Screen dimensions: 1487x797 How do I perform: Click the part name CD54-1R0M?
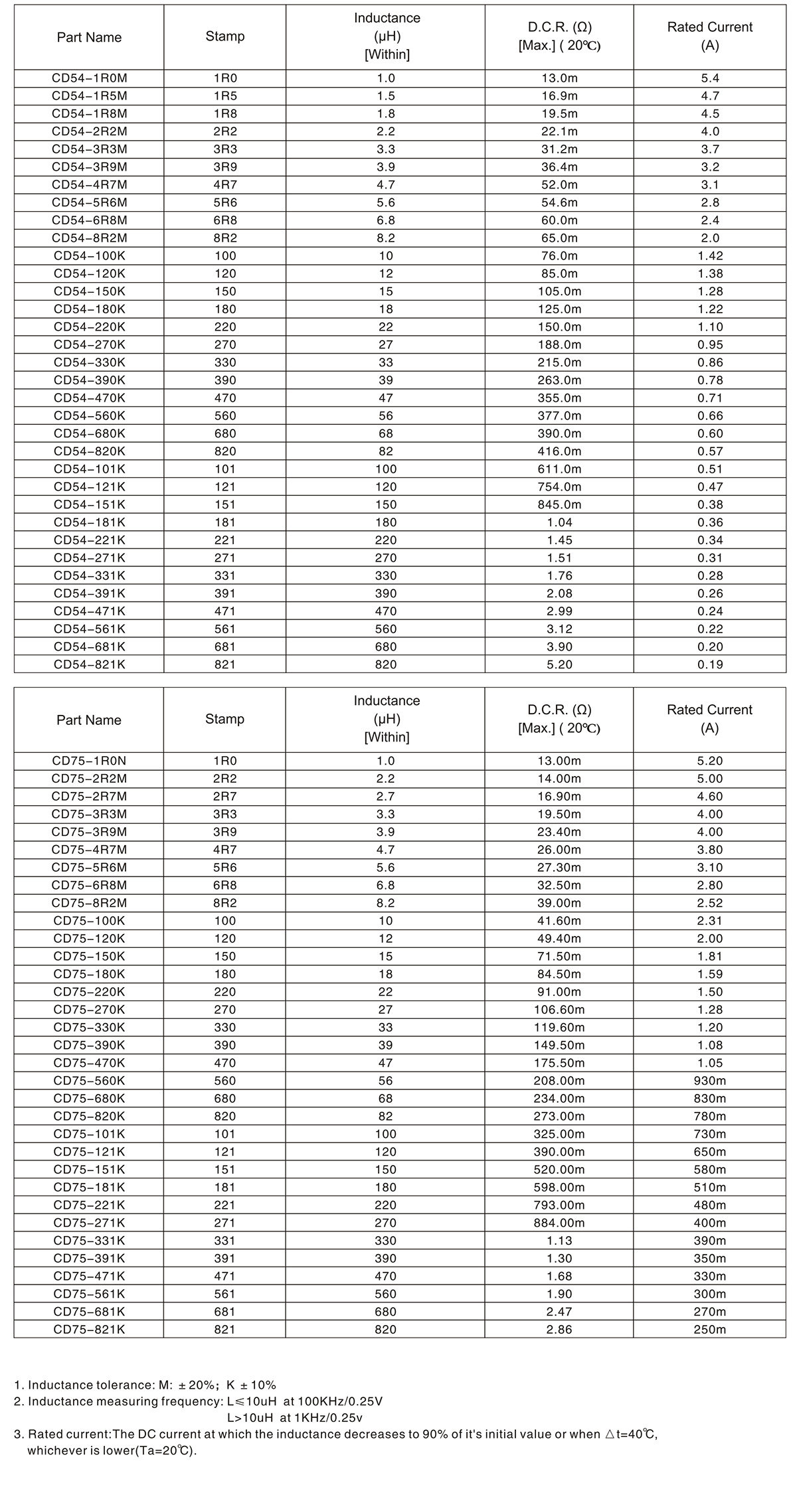[89, 78]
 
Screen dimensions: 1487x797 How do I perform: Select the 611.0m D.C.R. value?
[559, 469]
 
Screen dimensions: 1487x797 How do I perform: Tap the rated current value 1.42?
[709, 256]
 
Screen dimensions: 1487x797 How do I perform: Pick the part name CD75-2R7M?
[89, 797]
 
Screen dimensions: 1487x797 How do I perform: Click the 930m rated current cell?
[709, 1081]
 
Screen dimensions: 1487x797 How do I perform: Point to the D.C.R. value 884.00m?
[559, 1223]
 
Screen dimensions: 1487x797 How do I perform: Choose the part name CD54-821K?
[89, 665]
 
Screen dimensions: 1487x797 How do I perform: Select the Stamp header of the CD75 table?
[224, 719]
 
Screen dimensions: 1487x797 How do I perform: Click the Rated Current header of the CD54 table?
[709, 37]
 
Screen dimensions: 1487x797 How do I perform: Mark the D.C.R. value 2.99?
[559, 611]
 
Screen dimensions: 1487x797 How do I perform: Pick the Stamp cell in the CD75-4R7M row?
[224, 850]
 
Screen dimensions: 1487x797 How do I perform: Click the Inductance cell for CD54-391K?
[385, 593]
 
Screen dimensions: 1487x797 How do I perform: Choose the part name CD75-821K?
[89, 1329]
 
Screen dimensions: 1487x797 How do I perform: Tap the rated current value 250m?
[709, 1329]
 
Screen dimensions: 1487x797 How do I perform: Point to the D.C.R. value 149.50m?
[559, 1045]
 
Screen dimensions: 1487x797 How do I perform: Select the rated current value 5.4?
[709, 78]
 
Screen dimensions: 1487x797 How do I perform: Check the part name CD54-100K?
[89, 256]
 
